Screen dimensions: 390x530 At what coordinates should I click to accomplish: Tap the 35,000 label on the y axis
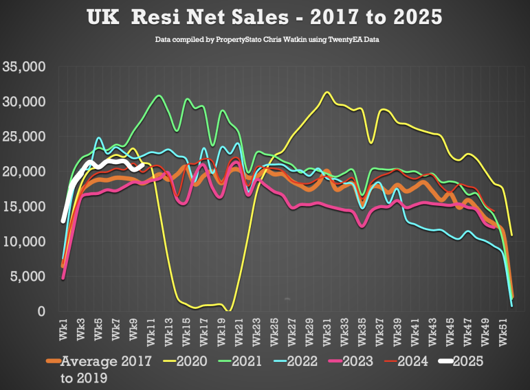click(x=24, y=67)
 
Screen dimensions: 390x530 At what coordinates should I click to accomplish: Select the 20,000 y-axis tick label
click(x=24, y=172)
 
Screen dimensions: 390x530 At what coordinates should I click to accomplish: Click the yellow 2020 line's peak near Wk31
click(x=327, y=92)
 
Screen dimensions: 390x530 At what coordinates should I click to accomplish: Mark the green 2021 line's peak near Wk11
click(x=159, y=95)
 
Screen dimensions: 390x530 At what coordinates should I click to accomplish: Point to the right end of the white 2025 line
click(x=143, y=164)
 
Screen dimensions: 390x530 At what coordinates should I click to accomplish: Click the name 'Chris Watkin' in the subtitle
click(x=277, y=41)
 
